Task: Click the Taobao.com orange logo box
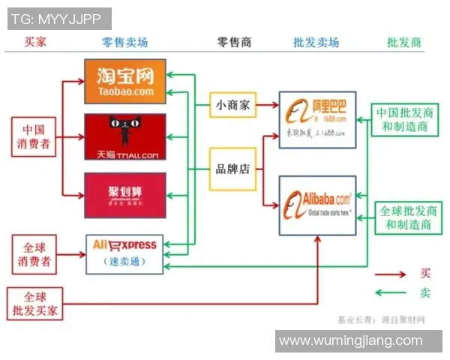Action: point(124,80)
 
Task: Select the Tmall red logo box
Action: point(124,137)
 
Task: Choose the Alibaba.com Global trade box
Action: point(317,202)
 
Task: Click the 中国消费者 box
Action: point(34,137)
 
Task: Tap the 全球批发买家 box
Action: point(34,304)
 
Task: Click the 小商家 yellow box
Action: point(232,105)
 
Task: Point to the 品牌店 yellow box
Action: point(232,169)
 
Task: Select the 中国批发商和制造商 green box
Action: point(406,120)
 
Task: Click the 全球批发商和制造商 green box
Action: point(406,217)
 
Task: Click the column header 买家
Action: point(35,42)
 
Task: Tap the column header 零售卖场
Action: point(124,42)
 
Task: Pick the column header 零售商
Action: point(234,42)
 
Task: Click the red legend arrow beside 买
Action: point(391,274)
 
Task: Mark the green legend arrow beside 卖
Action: point(391,293)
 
